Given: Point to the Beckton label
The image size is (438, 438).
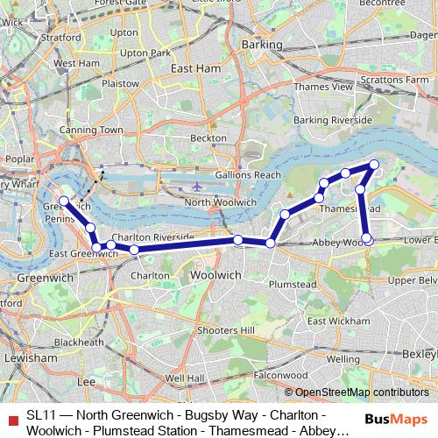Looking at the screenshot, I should pos(208,138).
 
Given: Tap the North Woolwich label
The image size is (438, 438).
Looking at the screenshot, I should pos(221,202).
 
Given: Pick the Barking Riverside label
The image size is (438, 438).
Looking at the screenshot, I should pos(332,120).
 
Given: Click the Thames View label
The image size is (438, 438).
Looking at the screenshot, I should pos(323,87).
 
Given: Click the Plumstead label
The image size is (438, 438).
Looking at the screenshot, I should pos(291,285).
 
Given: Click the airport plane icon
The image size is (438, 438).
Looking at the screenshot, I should pos(198,187).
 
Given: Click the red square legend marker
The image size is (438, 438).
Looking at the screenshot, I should pos(11,414).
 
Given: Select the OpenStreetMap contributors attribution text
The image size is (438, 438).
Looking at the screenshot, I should pos(357,392).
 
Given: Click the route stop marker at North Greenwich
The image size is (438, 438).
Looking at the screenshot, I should pos(64,201).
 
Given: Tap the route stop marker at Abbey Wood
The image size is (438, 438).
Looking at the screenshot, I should pos(367,238).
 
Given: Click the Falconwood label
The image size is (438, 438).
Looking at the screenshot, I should pos(280,374).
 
